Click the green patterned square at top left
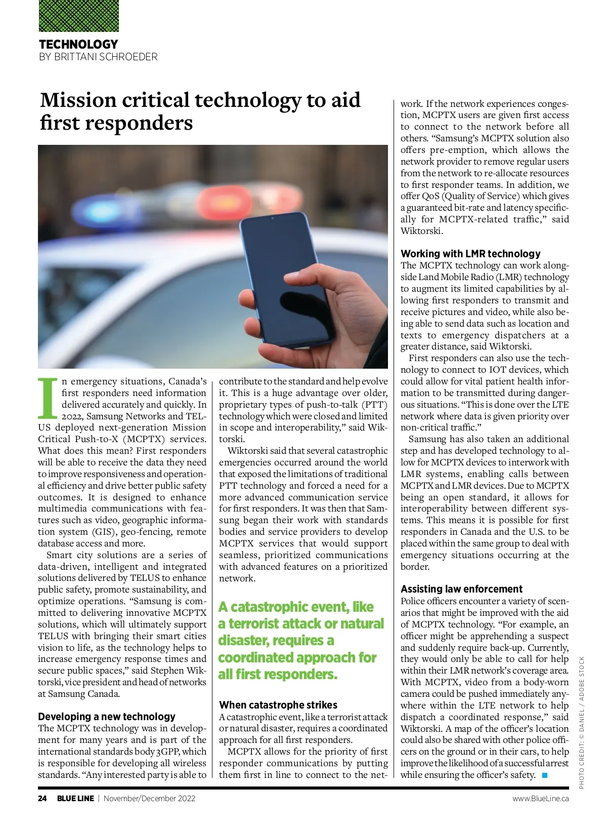79,16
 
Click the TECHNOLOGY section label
78,44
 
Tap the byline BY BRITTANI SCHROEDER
98,57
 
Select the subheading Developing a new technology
107,717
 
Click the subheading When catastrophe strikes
278,705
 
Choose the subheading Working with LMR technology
470,254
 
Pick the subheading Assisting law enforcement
461,589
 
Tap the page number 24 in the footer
42,799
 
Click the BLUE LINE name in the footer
75,799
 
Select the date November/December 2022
150,799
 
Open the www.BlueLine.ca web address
540,799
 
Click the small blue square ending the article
545,775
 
